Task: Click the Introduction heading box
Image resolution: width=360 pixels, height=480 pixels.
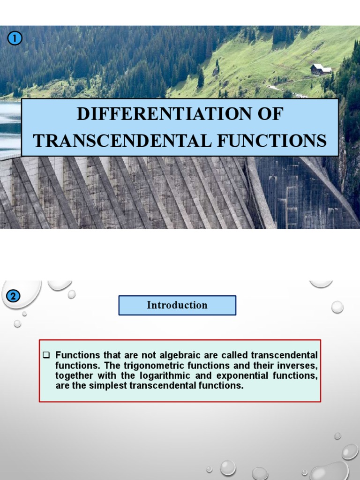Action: (x=177, y=305)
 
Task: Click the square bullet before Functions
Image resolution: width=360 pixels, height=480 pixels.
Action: (x=46, y=354)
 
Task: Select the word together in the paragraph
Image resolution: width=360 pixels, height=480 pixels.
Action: (x=74, y=376)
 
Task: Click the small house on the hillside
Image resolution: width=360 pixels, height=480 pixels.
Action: (x=321, y=69)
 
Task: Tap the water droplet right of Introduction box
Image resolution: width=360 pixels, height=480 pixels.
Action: (x=337, y=307)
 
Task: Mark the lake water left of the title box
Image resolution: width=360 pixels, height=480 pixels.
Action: (x=9, y=127)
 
